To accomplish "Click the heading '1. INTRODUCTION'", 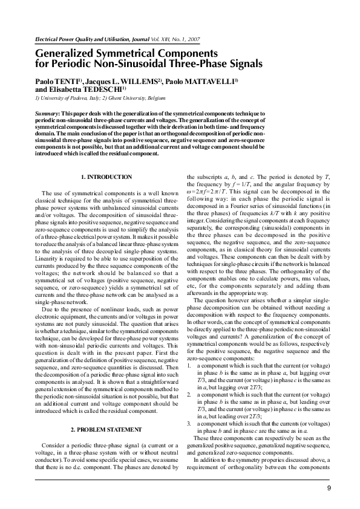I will click(106, 177).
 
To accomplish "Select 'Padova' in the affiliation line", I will click(73, 97).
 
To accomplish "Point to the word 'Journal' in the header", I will click(126, 39).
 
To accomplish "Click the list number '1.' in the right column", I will click(190, 367).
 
